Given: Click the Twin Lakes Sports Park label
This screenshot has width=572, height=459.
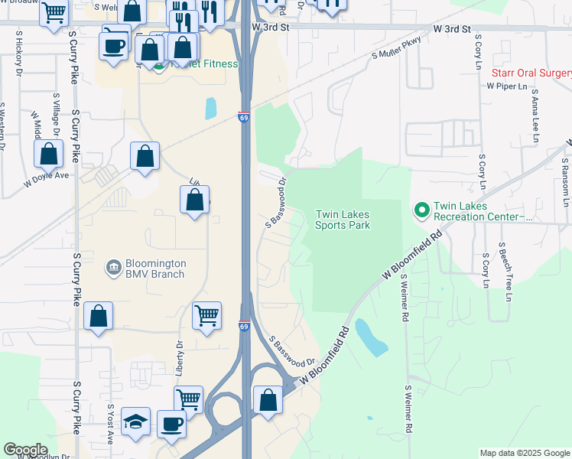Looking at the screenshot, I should click(343, 220).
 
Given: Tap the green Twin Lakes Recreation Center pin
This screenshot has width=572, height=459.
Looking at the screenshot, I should click(421, 209).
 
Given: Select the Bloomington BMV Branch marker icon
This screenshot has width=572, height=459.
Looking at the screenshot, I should click(113, 267).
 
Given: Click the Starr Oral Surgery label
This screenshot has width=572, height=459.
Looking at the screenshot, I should click(531, 73).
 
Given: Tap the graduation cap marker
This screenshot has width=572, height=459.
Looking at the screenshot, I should click(135, 423).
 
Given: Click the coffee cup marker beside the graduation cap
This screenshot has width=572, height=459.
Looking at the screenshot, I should click(171, 423).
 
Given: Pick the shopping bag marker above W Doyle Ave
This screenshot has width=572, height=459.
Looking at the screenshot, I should click(49, 154).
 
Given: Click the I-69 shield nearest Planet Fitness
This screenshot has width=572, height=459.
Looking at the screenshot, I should click(243, 118).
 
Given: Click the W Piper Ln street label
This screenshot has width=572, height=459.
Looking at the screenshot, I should click(507, 86).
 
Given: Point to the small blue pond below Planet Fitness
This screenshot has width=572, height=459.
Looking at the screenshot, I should click(210, 109).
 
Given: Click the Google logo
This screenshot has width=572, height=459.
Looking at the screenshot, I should click(26, 450).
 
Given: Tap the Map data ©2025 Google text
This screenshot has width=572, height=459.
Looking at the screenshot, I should click(524, 453).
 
